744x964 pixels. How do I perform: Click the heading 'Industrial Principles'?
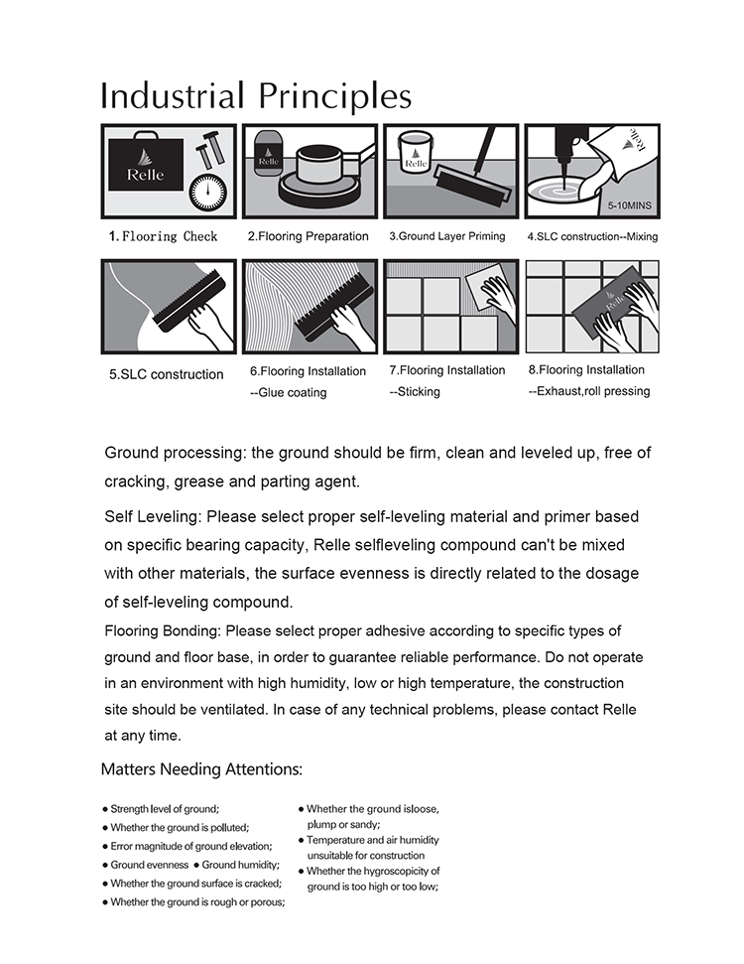[x=256, y=96]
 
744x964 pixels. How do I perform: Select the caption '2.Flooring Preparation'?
[x=308, y=236]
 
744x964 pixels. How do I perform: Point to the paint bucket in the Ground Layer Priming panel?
[x=416, y=157]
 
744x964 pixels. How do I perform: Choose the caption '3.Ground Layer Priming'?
[x=446, y=236]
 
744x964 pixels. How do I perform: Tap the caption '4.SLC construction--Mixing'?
[x=592, y=236]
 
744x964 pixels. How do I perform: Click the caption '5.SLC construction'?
[x=166, y=375]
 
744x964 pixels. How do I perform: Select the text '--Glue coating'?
[x=288, y=393]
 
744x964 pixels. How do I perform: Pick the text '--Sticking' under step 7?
[x=415, y=392]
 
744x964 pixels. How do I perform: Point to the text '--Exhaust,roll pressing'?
[x=589, y=391]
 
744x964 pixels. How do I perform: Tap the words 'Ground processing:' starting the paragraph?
[x=175, y=454]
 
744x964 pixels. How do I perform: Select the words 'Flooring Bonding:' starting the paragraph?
[x=164, y=631]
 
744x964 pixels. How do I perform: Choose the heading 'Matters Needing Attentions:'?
[x=201, y=769]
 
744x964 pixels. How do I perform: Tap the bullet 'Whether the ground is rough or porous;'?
[x=197, y=901]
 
